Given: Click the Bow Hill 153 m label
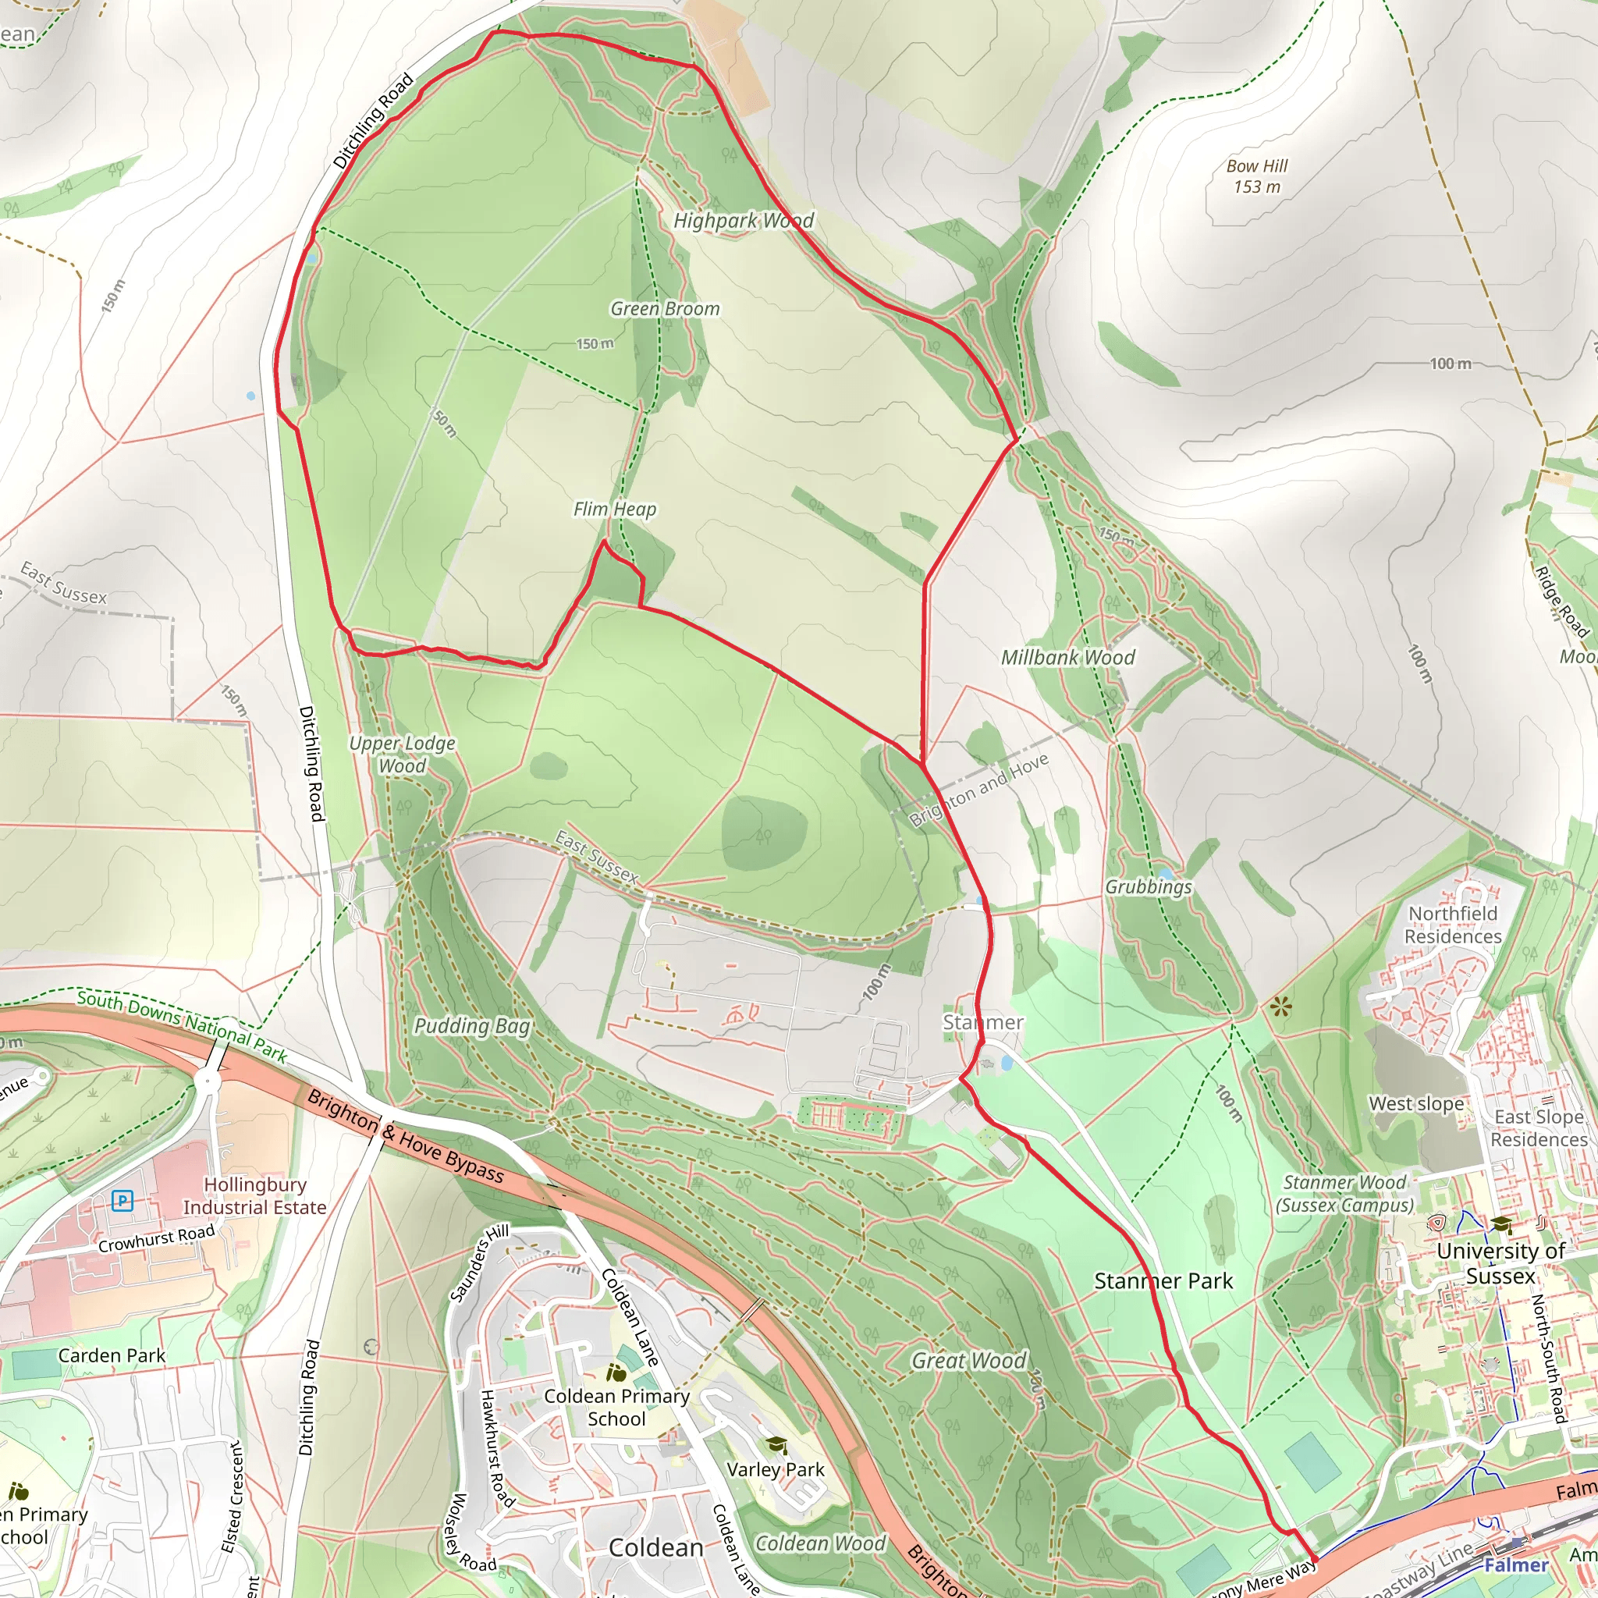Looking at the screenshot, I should click(x=1256, y=176).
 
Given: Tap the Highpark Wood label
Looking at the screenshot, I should click(x=743, y=221).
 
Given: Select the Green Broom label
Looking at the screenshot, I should click(x=664, y=308).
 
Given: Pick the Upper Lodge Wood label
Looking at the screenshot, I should click(x=402, y=755).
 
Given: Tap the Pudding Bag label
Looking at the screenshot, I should click(x=471, y=1025).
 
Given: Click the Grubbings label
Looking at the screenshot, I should click(x=1148, y=886).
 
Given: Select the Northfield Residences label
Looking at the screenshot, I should click(x=1452, y=925).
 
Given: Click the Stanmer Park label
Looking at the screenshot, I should click(x=1163, y=1281).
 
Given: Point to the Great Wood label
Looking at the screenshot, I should click(x=968, y=1361).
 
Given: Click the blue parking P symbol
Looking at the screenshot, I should click(x=123, y=1200).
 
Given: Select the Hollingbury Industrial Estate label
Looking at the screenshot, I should click(x=254, y=1196).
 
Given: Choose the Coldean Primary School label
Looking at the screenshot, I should click(x=616, y=1407).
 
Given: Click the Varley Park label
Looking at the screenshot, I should click(x=775, y=1470).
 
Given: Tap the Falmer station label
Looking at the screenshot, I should click(x=1515, y=1565).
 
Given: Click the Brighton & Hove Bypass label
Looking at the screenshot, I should click(x=404, y=1136).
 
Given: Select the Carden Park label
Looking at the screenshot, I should click(x=112, y=1355).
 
